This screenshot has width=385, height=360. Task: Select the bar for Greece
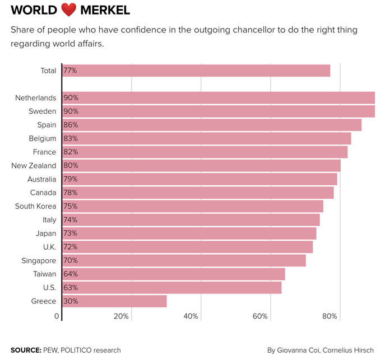[x=114, y=301]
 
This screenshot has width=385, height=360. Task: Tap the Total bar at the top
[x=196, y=71]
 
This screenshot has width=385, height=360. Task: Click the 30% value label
[x=71, y=301]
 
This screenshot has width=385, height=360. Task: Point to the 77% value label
[x=71, y=71]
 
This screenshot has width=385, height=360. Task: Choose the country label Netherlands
[x=36, y=98]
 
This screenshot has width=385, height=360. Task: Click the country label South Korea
[x=35, y=206]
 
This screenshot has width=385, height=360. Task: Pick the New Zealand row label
[x=34, y=166]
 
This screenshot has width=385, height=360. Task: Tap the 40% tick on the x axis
[x=191, y=317]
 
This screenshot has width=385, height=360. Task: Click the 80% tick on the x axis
[x=330, y=317]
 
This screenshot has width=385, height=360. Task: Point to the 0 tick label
[x=57, y=317]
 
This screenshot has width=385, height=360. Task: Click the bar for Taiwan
[x=174, y=274]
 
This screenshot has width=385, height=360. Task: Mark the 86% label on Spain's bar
[x=71, y=125]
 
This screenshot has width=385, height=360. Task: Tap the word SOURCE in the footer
[x=25, y=350]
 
